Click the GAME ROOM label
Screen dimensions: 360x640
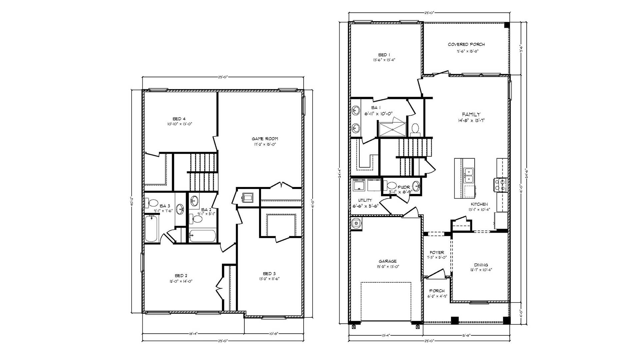pos(265,139)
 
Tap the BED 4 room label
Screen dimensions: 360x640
pos(179,119)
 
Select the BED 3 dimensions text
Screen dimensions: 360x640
pos(269,279)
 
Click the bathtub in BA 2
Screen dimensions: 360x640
pos(202,236)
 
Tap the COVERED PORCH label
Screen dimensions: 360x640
pos(466,44)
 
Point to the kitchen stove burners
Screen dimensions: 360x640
pos(500,185)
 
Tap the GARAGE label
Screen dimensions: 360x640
pos(387,261)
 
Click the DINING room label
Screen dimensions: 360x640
pos(481,265)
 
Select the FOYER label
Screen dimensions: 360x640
pos(437,253)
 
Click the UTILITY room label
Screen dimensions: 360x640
pos(365,200)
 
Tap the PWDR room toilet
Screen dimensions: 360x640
pos(391,185)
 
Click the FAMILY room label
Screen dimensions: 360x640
pos(471,114)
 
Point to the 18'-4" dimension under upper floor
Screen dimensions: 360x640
pos(193,333)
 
